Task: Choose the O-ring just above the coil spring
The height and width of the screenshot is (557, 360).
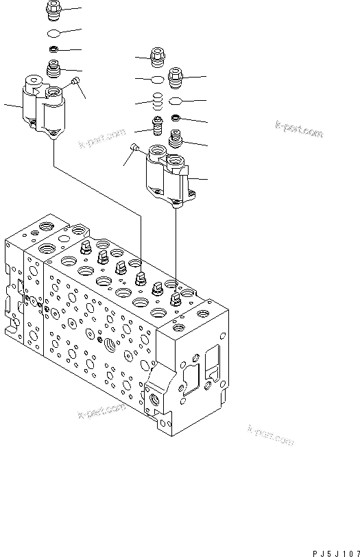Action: pyautogui.click(x=157, y=80)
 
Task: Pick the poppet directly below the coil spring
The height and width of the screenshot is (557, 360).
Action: pyautogui.click(x=158, y=128)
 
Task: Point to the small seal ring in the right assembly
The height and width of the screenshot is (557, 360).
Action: pyautogui.click(x=176, y=119)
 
